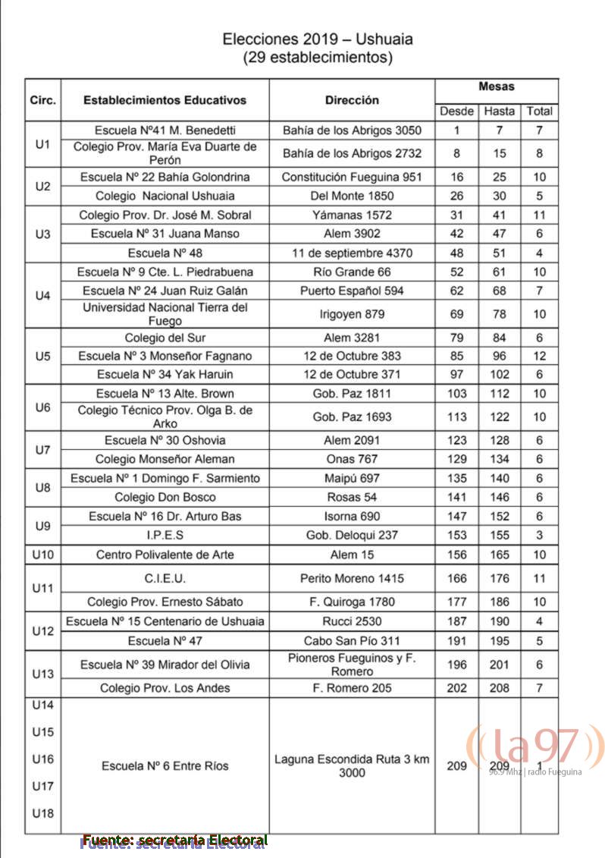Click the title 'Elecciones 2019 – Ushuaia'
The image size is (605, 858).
tap(317, 39)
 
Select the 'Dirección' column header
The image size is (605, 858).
tap(352, 100)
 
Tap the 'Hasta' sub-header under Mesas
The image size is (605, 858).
tap(499, 111)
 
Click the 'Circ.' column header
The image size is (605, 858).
tap(42, 100)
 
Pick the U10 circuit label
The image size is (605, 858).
tap(43, 555)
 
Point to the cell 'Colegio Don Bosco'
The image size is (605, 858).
tap(165, 497)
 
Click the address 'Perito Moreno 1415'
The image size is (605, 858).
tap(352, 578)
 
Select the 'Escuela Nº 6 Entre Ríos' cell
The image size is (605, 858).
tap(165, 765)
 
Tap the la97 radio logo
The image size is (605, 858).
tap(535, 748)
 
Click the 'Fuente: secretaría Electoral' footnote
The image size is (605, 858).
tap(175, 841)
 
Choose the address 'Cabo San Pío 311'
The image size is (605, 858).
tap(352, 640)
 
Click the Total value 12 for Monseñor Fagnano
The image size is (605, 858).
tap(539, 355)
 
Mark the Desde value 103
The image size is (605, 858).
tap(456, 393)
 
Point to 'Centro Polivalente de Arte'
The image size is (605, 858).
tap(165, 555)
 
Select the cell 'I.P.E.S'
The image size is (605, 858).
tap(165, 535)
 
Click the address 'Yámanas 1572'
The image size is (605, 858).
tap(352, 215)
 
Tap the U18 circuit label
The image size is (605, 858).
tap(43, 813)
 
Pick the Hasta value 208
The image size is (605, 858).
tap(499, 687)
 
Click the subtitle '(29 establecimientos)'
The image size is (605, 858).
tap(317, 58)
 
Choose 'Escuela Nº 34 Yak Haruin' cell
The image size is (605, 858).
tap(165, 374)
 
